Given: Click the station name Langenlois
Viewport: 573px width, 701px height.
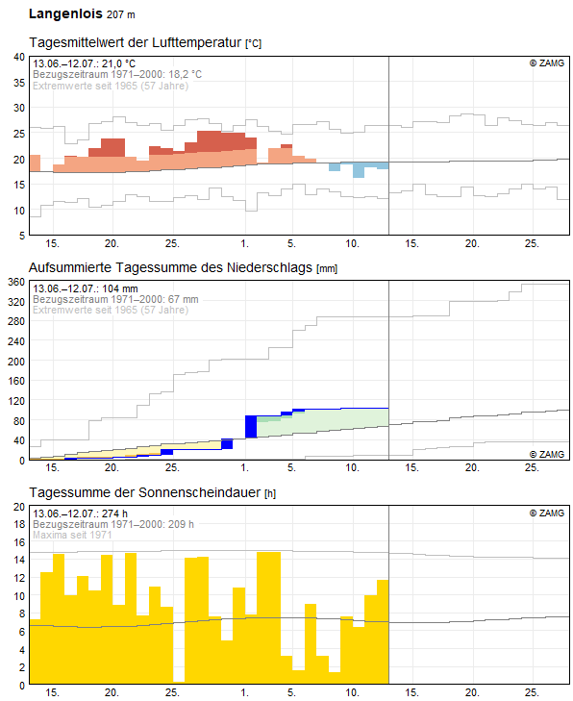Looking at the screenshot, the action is (65, 13).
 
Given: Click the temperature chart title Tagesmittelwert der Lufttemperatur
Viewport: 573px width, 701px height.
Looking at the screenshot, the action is (135, 42).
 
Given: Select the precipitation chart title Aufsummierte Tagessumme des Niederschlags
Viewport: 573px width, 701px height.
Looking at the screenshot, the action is (170, 267).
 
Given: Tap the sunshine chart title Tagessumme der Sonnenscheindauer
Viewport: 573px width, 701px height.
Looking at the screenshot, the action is (145, 492).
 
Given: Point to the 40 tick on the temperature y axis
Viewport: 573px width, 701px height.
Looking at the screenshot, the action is (19, 57).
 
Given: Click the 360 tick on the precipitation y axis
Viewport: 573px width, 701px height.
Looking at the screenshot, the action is (16, 282).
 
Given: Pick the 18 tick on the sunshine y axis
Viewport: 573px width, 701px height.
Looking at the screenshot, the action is (19, 524).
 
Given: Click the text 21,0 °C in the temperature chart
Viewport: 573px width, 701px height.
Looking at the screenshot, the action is (118, 63).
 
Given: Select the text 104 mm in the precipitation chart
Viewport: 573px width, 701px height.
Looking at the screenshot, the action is (120, 288).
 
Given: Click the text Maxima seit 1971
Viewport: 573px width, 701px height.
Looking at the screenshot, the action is (72, 535).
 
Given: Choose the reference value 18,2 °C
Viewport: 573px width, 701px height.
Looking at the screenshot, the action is (185, 74).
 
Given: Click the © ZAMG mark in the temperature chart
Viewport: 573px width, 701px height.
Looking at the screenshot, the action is (547, 63).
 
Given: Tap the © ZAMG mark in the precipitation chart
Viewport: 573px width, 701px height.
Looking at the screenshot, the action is (547, 454).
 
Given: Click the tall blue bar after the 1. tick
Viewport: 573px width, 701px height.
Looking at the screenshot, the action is (251, 427).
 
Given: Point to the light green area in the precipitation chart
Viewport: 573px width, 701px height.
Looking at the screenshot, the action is (322, 421).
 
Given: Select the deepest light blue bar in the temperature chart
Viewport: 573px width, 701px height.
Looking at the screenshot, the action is (359, 170).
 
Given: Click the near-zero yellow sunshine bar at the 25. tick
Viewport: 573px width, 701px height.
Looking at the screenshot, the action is (179, 682).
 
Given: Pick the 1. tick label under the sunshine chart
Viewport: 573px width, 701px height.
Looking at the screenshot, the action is (244, 692).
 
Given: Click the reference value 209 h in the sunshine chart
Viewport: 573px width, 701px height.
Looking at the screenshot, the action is (181, 524).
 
